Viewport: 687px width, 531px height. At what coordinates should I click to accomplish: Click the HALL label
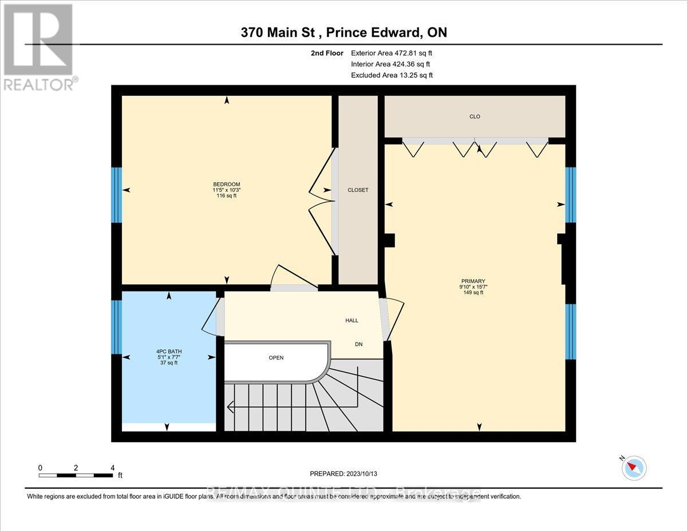[352, 320]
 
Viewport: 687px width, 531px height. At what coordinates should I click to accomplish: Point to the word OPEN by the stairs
[277, 358]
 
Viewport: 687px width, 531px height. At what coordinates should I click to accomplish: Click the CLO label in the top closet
[475, 117]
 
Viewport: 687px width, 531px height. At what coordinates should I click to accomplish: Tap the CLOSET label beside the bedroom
[358, 190]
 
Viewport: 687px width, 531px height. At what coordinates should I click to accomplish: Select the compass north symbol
[634, 468]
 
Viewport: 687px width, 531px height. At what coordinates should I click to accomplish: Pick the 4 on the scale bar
[112, 467]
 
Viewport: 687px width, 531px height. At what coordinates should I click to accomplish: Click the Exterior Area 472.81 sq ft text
[392, 53]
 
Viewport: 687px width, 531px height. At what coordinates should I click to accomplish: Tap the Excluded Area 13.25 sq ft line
[392, 75]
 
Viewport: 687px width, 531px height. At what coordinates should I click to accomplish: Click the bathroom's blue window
[116, 327]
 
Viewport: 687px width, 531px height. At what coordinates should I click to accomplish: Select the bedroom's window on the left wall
[116, 195]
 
